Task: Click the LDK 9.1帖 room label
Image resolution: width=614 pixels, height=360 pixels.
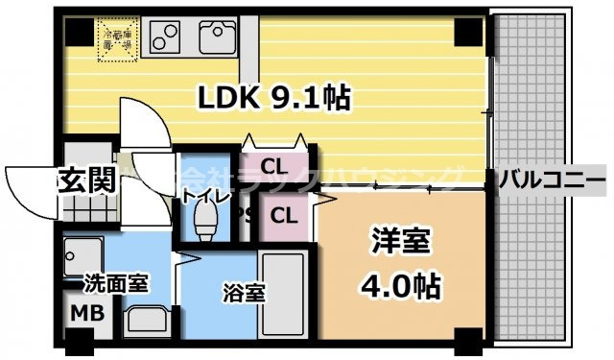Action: pos(272,97)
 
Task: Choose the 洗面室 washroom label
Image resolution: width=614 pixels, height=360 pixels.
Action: pos(115,283)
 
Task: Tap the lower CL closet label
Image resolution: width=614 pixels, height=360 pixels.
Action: pos(282,214)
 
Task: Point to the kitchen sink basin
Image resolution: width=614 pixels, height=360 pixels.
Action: pos(217,38)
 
